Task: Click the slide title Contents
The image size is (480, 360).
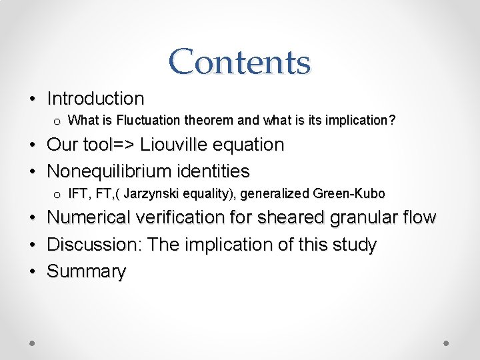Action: coord(239,61)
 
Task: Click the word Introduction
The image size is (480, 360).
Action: coord(95,99)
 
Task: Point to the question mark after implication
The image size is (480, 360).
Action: coord(392,121)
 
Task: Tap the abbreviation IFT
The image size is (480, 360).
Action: coord(78,194)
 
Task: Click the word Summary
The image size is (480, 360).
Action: coord(86,271)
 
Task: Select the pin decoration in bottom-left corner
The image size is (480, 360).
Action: coord(32,341)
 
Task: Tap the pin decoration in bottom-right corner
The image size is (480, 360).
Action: coord(447,341)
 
